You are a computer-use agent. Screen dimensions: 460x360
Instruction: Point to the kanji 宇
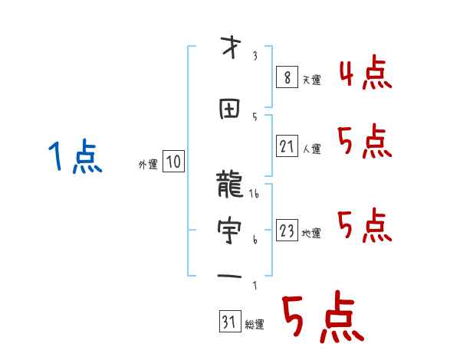(230, 230)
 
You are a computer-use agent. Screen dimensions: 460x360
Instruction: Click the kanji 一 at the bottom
(230, 273)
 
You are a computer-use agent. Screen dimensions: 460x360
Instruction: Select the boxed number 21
(286, 146)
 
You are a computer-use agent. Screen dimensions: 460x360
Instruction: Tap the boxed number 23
(286, 231)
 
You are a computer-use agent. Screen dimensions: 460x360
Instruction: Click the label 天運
(312, 79)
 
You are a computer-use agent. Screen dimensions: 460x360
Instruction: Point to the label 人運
(312, 149)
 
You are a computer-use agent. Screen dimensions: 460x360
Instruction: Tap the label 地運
(312, 234)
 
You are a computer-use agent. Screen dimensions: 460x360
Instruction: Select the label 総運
(255, 325)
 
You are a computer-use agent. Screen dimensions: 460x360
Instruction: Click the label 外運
(147, 164)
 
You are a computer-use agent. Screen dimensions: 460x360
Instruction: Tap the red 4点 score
(365, 74)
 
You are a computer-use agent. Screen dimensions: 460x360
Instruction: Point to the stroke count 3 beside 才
(255, 56)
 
